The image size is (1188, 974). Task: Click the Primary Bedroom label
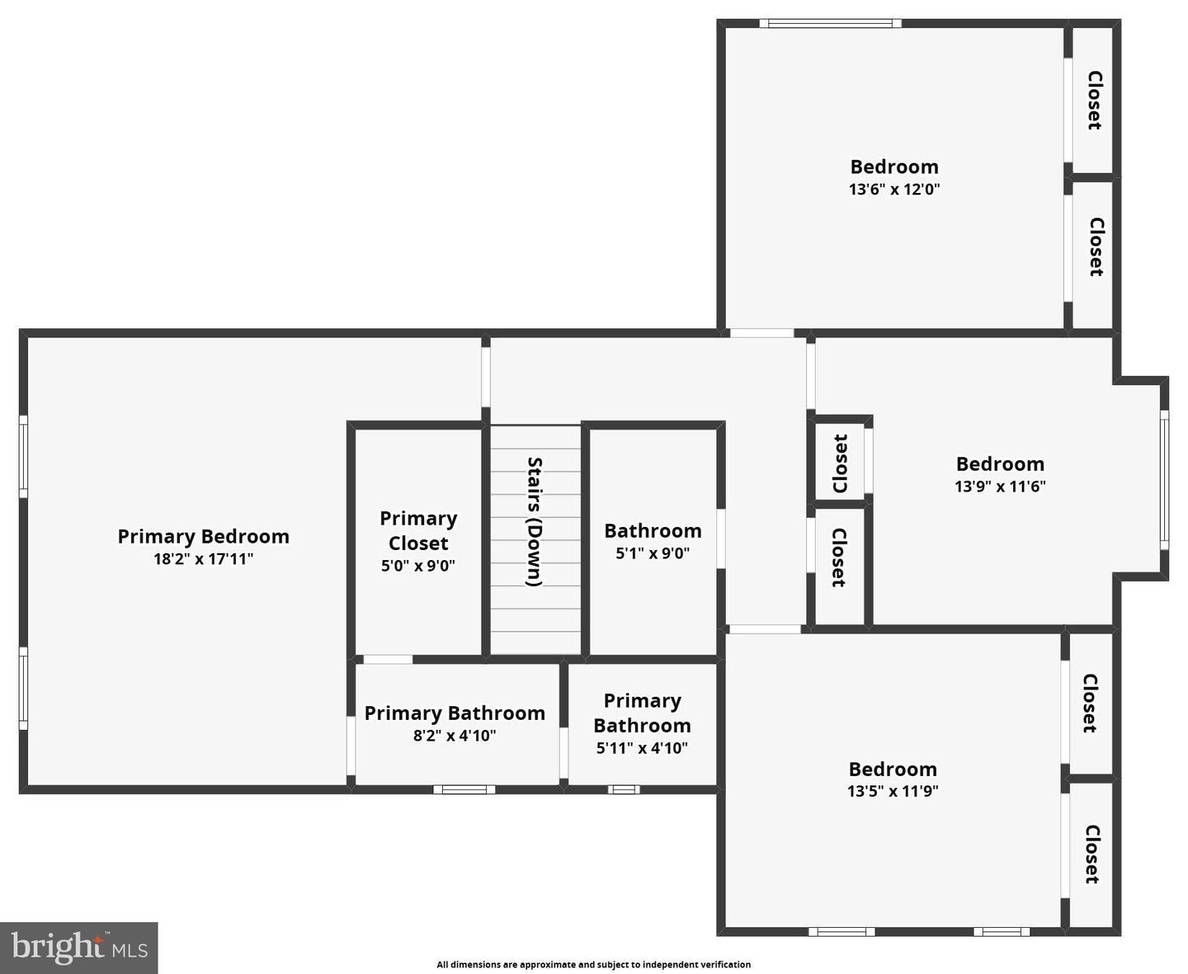pos(203,537)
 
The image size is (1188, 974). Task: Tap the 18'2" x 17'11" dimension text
pos(203,559)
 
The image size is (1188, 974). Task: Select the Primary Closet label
pos(418,530)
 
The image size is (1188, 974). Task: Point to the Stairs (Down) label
pos(535,521)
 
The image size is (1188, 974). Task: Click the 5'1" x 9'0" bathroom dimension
pos(653,553)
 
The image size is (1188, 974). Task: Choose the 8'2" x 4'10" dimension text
pos(455,736)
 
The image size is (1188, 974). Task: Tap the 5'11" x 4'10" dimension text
pos(642,749)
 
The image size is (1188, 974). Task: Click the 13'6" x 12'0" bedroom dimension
pos(894,190)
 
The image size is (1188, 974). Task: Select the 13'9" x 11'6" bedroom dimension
pos(1000,487)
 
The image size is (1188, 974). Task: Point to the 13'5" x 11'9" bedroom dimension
pos(893,792)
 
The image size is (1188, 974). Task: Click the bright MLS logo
pos(79,947)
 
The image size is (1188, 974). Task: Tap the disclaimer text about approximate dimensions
pos(594,964)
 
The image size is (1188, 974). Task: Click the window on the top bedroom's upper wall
pos(830,23)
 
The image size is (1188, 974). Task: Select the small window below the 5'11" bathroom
pos(624,789)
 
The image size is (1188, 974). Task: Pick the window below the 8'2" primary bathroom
pos(464,789)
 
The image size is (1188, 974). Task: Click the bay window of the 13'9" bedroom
pos(1164,479)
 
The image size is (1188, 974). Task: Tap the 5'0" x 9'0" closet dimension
pos(418,566)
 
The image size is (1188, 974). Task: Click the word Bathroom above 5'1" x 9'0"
pos(653,531)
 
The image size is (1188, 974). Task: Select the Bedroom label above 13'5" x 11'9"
pos(893,769)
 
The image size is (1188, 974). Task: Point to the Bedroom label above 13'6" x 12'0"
pos(894,167)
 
